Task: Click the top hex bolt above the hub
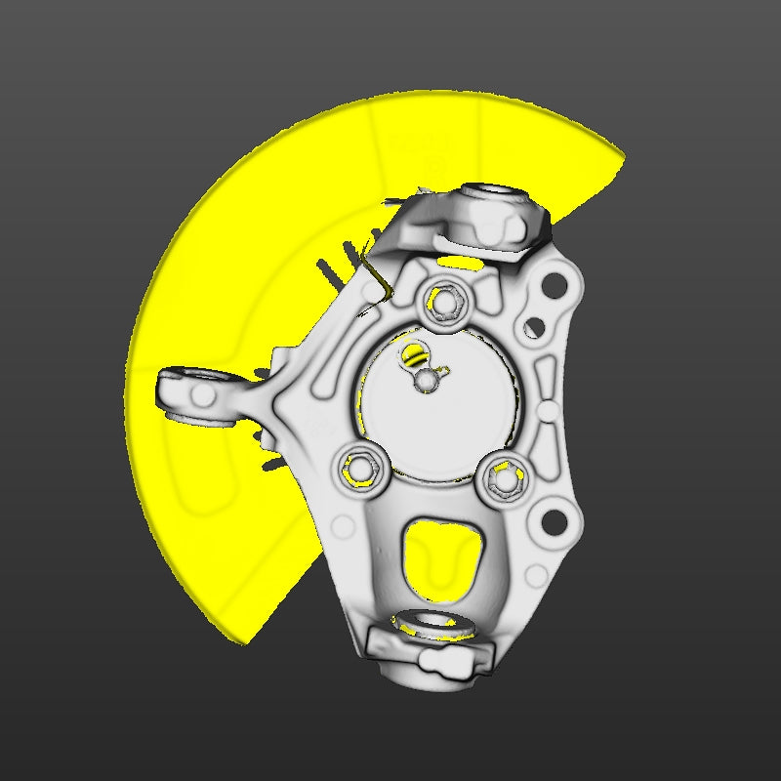(x=448, y=301)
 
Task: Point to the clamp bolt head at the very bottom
(x=428, y=665)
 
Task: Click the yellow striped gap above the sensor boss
(x=414, y=353)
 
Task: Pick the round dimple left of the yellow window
(x=344, y=528)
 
